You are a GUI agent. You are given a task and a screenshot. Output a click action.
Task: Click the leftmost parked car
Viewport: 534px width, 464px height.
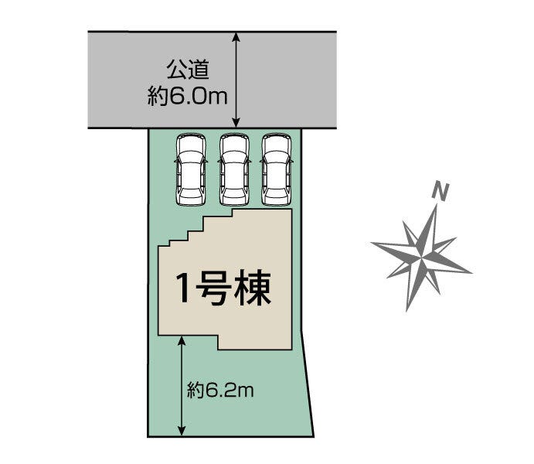(191, 170)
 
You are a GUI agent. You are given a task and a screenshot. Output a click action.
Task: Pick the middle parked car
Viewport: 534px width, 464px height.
(234, 170)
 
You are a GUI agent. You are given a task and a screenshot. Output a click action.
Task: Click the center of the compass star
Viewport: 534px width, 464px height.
(422, 252)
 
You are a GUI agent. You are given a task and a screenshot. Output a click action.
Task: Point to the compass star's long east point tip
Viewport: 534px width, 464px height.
(471, 271)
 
